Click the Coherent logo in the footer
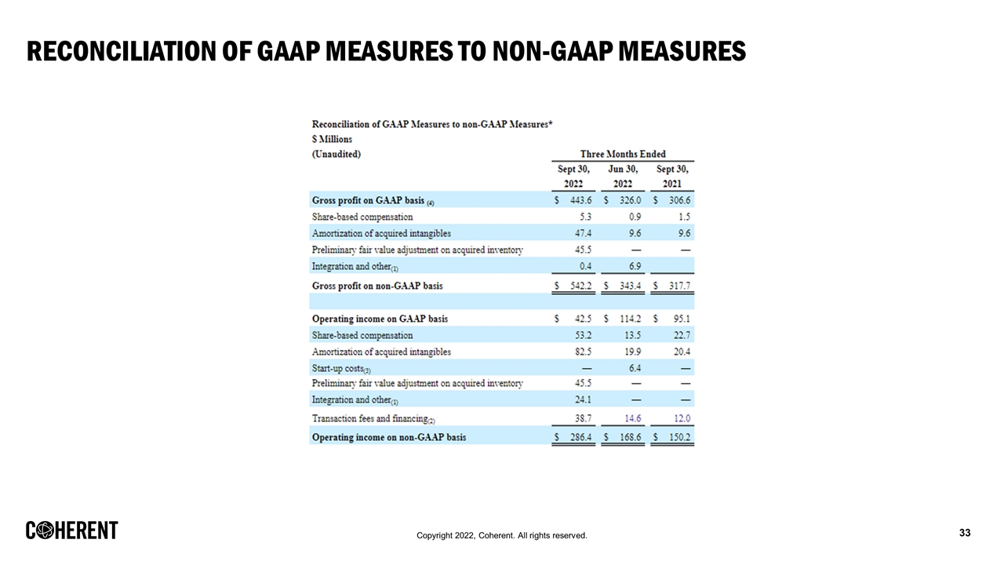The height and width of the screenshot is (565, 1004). [72, 530]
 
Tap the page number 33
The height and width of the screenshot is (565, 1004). [965, 534]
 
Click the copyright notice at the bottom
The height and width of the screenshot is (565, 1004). [502, 535]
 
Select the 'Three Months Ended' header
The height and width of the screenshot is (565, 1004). [623, 154]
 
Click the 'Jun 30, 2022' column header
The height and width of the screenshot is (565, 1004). [623, 177]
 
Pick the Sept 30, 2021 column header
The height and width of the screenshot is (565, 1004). [672, 177]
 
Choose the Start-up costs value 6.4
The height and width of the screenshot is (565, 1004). [635, 368]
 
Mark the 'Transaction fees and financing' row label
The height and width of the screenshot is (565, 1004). [368, 419]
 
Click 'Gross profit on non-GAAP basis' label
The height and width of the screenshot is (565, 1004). [376, 286]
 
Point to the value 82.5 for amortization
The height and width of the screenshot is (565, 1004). [583, 352]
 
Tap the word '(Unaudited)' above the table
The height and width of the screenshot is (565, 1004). [336, 155]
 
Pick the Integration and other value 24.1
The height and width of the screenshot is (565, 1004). [583, 400]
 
